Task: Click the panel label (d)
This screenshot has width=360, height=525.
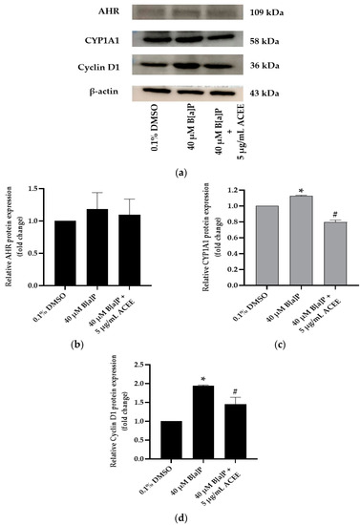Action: point(179,514)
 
